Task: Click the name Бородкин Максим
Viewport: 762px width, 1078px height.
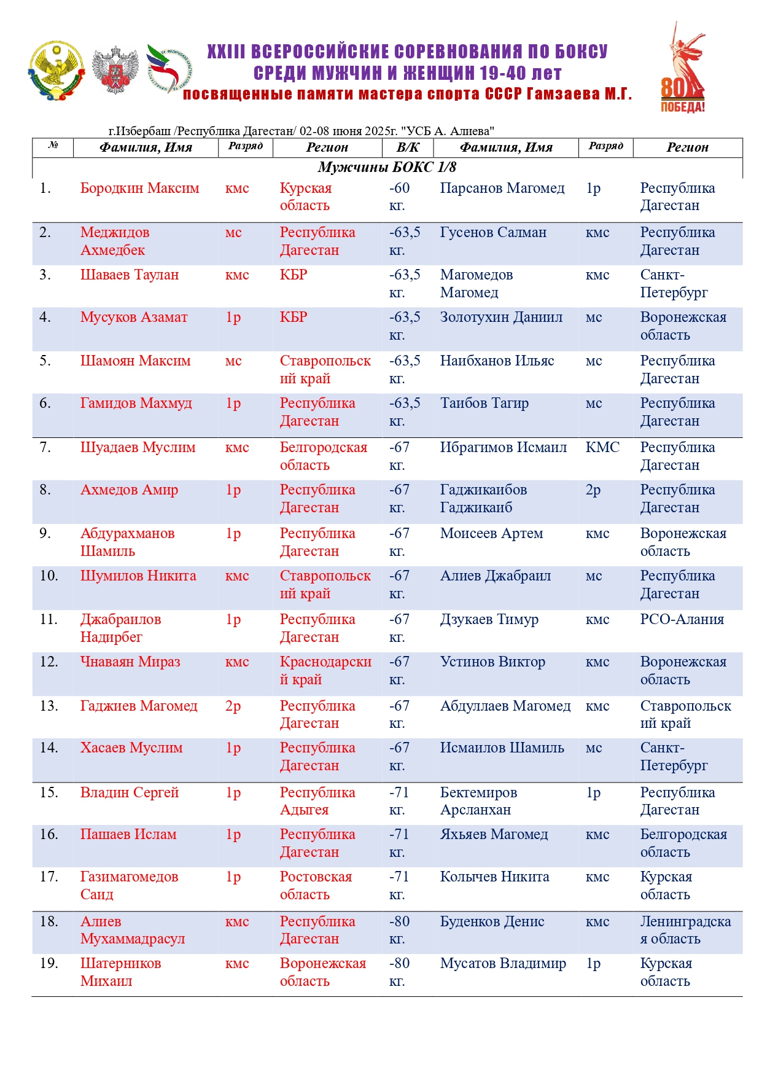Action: pos(139,189)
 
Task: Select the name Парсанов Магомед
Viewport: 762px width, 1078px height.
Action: pos(502,189)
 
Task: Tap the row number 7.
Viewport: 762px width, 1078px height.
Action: pos(45,448)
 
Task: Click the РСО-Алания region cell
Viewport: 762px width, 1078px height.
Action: pos(682,620)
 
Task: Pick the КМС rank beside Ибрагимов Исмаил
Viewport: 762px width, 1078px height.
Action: pos(602,448)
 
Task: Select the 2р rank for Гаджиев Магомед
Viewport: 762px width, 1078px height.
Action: pos(233,706)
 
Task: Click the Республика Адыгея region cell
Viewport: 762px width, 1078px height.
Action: pos(317,801)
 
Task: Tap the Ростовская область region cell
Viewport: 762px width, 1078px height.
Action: pos(316,886)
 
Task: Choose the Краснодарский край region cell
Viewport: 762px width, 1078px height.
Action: pos(325,671)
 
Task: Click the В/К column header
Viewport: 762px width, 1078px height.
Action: pos(407,147)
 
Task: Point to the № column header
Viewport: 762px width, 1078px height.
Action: pos(53,146)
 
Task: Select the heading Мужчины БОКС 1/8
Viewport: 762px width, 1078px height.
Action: pos(387,167)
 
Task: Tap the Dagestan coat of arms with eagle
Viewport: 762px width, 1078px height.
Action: pos(56,70)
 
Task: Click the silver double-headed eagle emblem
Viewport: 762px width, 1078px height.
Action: pos(115,70)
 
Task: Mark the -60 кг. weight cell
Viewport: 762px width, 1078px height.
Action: pos(399,197)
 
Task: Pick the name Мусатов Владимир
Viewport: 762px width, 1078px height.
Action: pos(503,964)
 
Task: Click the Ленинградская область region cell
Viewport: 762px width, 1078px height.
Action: pos(685,930)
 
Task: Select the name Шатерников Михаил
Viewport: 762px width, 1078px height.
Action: pos(120,972)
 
